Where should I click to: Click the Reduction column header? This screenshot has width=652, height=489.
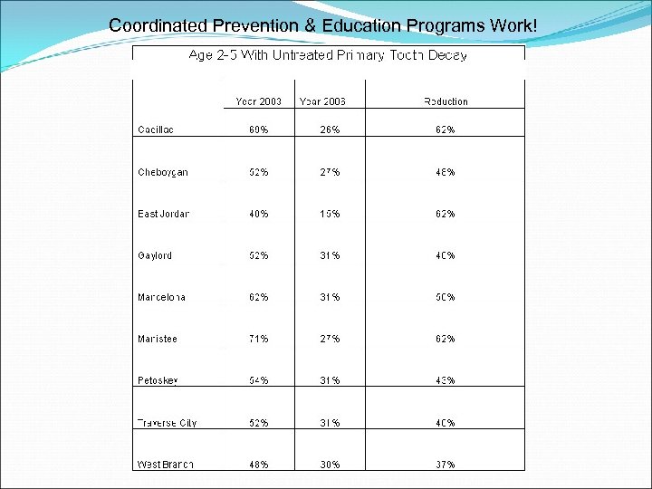point(446,101)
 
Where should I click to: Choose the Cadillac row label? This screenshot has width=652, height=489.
point(156,129)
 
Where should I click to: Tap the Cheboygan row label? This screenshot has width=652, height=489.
point(163,172)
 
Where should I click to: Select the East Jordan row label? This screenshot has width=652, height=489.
point(164,214)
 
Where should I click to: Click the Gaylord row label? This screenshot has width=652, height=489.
point(155,255)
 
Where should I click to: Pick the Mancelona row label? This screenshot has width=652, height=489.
point(162,297)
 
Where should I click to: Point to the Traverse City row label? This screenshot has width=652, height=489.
point(167,423)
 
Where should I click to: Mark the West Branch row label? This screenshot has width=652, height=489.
point(166,465)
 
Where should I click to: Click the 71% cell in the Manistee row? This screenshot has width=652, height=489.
point(258,339)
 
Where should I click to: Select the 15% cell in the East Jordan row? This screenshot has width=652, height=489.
point(330,214)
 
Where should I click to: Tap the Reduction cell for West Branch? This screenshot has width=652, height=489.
point(445,465)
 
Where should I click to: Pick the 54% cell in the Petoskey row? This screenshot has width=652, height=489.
point(258,380)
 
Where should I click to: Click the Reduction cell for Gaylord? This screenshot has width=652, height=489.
point(445,255)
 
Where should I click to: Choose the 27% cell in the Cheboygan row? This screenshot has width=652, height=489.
point(330,172)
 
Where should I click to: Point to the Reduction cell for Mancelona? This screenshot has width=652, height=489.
point(445,297)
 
